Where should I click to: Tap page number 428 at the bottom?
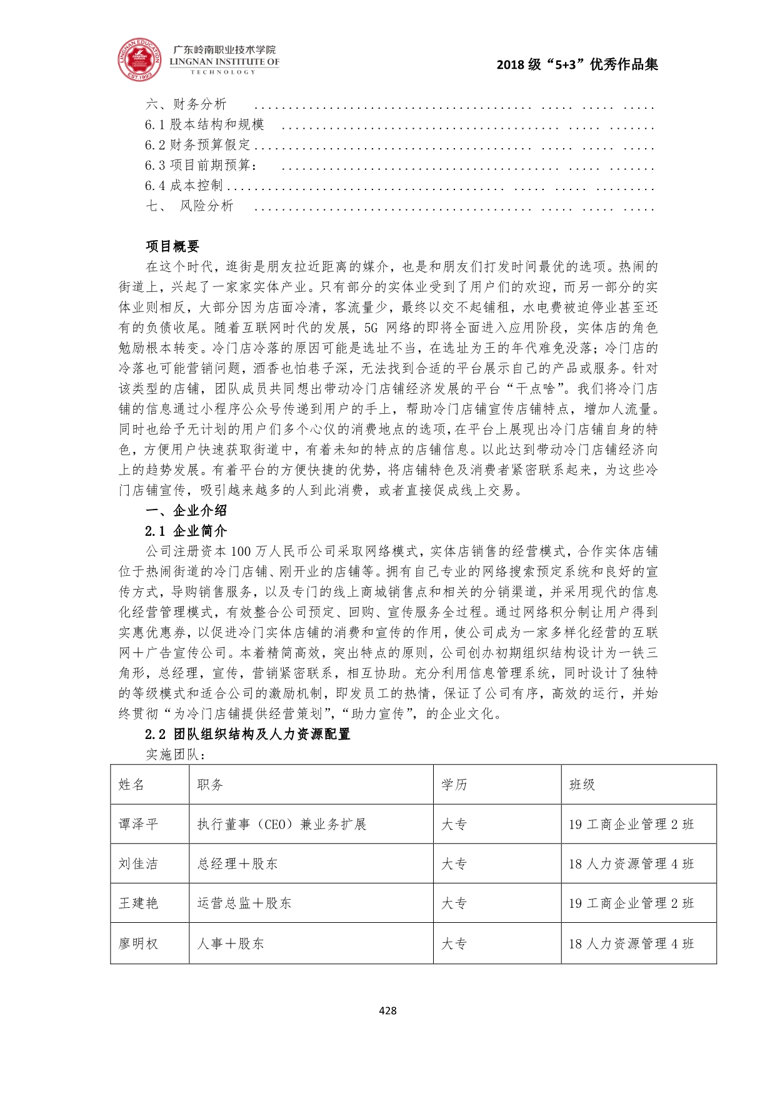click(x=387, y=1010)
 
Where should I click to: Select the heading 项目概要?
click(x=172, y=246)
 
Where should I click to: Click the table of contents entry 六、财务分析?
click(x=186, y=104)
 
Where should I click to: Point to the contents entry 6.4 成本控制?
click(x=184, y=186)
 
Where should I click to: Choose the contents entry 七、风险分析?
click(x=189, y=206)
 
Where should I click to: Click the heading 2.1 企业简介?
click(x=186, y=531)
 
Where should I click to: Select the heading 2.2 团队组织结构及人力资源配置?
click(x=247, y=734)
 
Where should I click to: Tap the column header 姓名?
click(x=131, y=785)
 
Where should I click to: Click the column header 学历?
click(x=454, y=785)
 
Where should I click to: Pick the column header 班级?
click(x=582, y=785)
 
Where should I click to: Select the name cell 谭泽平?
click(x=138, y=825)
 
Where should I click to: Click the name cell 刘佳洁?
click(x=138, y=864)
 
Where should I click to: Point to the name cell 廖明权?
click(x=138, y=943)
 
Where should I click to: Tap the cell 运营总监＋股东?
click(x=244, y=903)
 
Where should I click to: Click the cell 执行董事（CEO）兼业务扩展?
click(x=281, y=825)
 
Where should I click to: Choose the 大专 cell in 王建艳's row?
click(x=454, y=903)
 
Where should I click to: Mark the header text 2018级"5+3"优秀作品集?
click(x=577, y=64)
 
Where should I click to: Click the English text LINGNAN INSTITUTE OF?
click(x=224, y=62)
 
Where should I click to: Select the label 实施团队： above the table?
click(x=176, y=755)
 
